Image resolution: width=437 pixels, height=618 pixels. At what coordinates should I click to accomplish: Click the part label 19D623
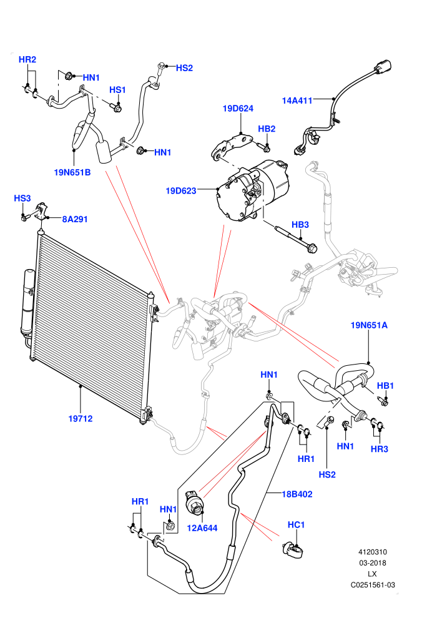click(181, 191)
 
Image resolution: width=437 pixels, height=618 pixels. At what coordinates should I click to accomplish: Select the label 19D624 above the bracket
click(238, 109)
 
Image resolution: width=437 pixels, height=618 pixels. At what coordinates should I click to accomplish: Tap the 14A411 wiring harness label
click(297, 101)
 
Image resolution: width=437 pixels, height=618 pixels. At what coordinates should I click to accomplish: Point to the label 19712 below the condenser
click(81, 419)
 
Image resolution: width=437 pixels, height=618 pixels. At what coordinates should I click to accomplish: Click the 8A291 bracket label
click(75, 219)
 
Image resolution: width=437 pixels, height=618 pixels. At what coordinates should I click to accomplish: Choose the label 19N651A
click(369, 325)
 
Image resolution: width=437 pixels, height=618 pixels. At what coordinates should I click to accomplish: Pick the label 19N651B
click(72, 172)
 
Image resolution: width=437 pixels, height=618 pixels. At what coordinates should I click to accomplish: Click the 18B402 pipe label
click(297, 494)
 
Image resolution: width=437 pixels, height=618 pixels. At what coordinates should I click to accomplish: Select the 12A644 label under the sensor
click(202, 528)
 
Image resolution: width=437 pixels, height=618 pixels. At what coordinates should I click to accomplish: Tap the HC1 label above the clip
click(297, 524)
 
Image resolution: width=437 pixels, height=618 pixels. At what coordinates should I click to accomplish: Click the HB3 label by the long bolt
click(300, 225)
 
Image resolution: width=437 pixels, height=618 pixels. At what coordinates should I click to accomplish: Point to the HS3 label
click(22, 199)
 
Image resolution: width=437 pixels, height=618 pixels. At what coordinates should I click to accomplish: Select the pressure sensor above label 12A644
click(194, 502)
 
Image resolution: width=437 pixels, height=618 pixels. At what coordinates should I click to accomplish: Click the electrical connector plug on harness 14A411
click(383, 67)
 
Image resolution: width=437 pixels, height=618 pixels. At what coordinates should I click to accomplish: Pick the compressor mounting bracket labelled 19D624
click(232, 146)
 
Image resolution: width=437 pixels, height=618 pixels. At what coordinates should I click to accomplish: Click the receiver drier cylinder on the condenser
click(29, 302)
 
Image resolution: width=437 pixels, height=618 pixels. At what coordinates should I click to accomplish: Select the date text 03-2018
click(372, 563)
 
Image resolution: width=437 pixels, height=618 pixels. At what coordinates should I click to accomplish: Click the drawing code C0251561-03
click(373, 585)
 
